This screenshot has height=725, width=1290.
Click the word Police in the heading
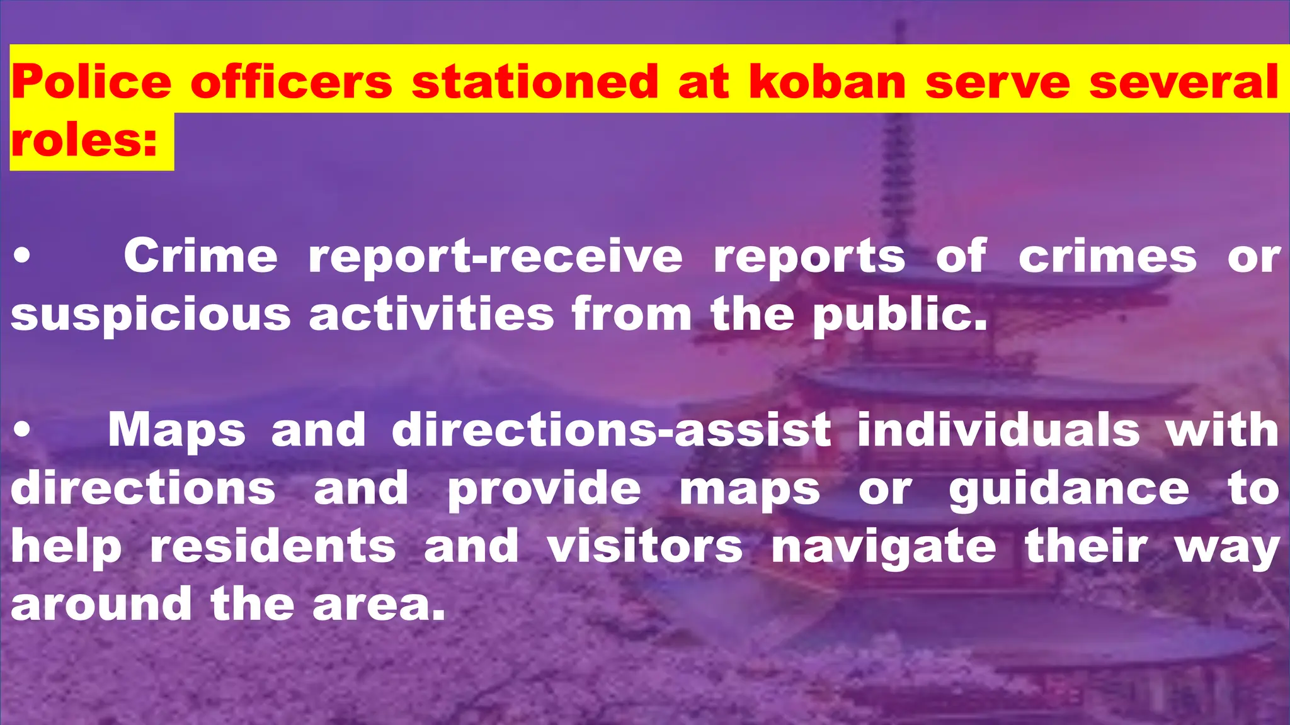(91, 82)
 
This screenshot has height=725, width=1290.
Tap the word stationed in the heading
(535, 82)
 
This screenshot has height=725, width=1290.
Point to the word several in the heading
(1184, 82)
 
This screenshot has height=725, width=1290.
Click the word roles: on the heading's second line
(84, 140)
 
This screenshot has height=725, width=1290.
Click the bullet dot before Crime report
(22, 256)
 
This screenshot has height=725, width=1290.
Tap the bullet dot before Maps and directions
(22, 430)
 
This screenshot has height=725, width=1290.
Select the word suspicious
(151, 315)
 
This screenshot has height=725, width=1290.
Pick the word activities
(431, 314)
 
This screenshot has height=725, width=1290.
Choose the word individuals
(998, 430)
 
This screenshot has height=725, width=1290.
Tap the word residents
(273, 546)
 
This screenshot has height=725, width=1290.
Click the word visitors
(645, 546)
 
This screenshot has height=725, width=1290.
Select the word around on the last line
(101, 604)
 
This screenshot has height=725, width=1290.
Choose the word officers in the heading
(291, 82)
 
